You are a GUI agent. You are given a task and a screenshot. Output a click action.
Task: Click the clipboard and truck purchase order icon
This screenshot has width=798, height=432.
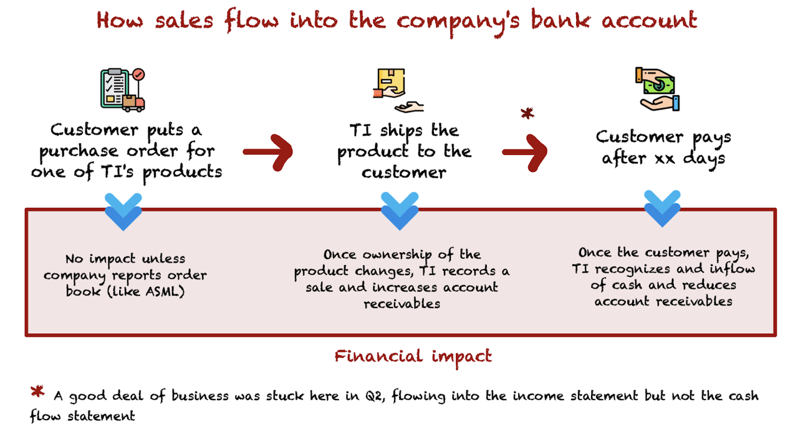coord(123,90)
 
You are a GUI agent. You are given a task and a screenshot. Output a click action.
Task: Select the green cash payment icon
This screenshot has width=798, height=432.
coord(657,89)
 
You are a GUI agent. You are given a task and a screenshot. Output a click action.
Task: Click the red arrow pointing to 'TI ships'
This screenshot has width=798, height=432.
coord(268,153)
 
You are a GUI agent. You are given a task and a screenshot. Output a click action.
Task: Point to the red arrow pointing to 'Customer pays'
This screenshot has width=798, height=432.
coord(525,153)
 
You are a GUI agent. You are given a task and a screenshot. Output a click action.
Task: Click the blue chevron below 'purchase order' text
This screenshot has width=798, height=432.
coord(123,212)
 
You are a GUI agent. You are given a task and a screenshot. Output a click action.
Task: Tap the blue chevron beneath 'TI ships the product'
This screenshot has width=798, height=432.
coord(400,211)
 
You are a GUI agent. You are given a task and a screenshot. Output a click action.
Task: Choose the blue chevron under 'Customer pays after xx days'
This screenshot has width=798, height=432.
coord(662,209)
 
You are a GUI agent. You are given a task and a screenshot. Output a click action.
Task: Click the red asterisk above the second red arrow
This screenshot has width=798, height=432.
coord(527,113)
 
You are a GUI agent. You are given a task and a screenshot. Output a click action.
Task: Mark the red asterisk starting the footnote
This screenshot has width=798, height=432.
coord(37,391)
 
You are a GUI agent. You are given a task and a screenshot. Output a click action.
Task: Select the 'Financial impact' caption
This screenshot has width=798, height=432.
coord(413,357)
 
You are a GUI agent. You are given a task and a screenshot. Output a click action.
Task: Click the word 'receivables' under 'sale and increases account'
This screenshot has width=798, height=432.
coord(402,304)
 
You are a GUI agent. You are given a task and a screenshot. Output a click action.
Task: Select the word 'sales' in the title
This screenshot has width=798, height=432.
coord(184,21)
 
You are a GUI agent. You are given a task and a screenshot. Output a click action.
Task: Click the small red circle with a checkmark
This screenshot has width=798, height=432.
coord(138,75)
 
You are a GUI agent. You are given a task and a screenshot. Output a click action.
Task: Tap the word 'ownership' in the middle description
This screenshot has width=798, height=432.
coord(397,255)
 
